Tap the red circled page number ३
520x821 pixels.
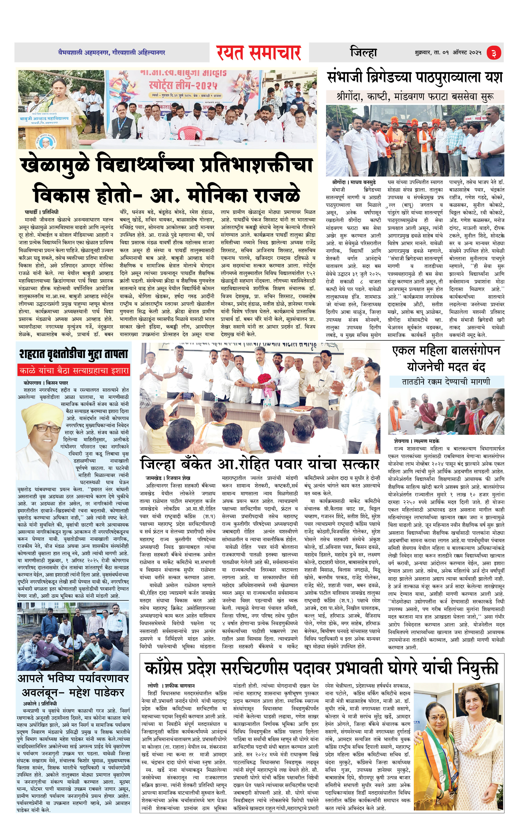pyautogui.click(x=494, y=53)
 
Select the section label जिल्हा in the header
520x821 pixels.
pyautogui.click(x=363, y=52)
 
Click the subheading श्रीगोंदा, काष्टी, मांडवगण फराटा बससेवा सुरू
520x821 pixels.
pyautogui.click(x=415, y=97)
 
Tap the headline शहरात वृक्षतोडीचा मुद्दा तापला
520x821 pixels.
pyautogui.click(x=74, y=354)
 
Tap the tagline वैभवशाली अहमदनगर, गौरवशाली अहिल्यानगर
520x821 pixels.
pyautogui.click(x=111, y=52)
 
